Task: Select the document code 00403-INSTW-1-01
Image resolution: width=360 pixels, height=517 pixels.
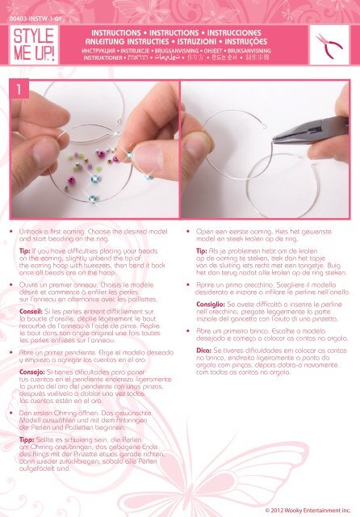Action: (x=29, y=8)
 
